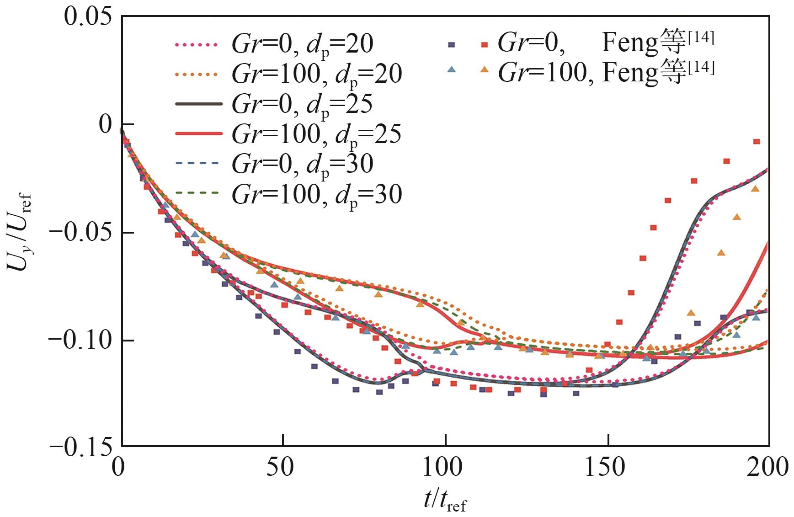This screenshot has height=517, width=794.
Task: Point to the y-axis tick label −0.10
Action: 80,341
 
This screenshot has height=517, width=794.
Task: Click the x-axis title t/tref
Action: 445,501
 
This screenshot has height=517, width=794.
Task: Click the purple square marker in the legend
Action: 451,44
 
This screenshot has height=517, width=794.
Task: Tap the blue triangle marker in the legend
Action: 452,69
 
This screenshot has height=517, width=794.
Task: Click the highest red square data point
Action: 757,142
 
